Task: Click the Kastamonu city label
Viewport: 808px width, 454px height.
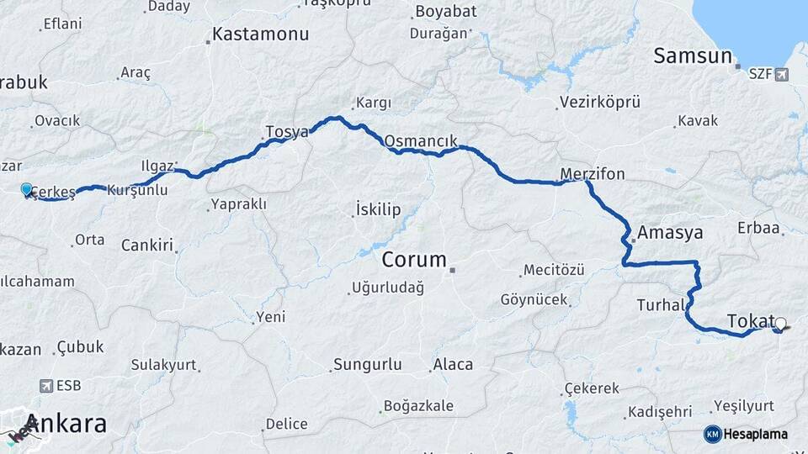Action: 260,34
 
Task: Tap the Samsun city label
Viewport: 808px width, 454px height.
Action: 693,56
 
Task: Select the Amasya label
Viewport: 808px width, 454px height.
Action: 670,233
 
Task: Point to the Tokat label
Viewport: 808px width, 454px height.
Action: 749,320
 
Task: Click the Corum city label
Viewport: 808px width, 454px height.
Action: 414,260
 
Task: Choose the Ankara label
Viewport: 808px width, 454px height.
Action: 66,423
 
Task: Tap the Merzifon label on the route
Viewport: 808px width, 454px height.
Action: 593,174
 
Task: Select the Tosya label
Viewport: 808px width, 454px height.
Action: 287,131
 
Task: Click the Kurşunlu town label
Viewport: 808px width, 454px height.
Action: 137,191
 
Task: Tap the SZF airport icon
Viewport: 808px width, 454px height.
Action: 783,75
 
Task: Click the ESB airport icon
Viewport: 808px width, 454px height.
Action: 45,386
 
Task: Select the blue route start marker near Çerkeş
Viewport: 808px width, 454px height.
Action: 27,190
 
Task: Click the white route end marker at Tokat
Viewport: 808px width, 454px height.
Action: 780,324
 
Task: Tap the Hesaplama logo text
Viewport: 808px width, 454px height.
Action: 755,434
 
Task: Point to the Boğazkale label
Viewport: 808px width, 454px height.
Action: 418,406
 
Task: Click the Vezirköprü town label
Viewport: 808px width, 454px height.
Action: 598,102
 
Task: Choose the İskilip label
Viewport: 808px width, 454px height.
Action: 378,209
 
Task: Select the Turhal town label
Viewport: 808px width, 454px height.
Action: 660,304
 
